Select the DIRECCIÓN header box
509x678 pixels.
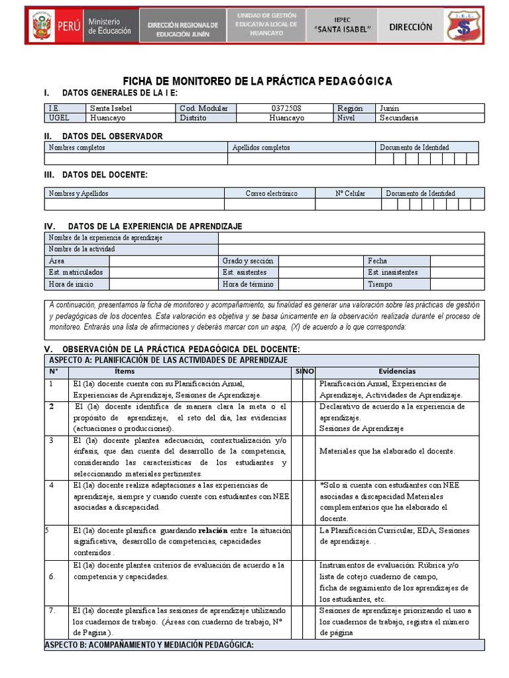pyautogui.click(x=410, y=27)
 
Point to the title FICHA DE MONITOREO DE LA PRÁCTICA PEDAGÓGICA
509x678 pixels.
pyautogui.click(x=258, y=81)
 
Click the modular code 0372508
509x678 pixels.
pyautogui.click(x=286, y=108)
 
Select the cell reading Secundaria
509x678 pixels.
pyautogui.click(x=398, y=118)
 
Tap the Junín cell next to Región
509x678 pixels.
pyautogui.click(x=388, y=108)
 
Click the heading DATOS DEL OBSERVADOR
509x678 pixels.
pyautogui.click(x=112, y=136)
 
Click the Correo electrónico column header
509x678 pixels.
pyautogui.click(x=271, y=193)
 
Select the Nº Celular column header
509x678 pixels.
pyautogui.click(x=350, y=193)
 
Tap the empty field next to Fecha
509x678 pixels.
pyautogui.click(x=456, y=261)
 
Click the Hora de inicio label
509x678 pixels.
pyautogui.click(x=71, y=284)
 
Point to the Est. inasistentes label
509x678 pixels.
pyautogui.click(x=393, y=272)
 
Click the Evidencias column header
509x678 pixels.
pyautogui.click(x=397, y=372)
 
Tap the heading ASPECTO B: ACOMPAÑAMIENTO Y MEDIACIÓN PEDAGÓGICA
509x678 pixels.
pyautogui.click(x=149, y=645)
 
